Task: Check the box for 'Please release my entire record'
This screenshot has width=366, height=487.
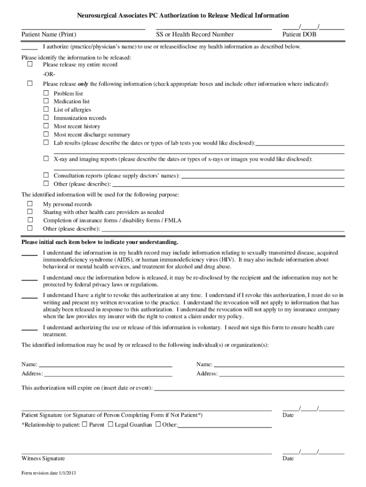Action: [x=29, y=64]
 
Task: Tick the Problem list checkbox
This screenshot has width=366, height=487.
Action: [x=46, y=94]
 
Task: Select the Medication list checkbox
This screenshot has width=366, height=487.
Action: [x=46, y=101]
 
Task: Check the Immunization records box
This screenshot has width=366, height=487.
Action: [x=46, y=117]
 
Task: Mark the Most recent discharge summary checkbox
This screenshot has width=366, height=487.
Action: [x=46, y=135]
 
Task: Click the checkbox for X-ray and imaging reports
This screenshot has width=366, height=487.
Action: [x=46, y=158]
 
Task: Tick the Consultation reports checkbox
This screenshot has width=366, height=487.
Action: [x=46, y=175]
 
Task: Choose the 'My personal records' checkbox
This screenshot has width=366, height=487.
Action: [x=29, y=204]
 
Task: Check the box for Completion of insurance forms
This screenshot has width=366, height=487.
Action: [x=29, y=220]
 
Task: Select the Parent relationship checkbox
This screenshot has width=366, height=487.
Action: [x=85, y=424]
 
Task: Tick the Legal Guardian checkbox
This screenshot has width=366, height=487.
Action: [x=110, y=424]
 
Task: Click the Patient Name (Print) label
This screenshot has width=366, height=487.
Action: [x=48, y=35]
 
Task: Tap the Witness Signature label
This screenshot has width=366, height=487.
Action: [x=43, y=458]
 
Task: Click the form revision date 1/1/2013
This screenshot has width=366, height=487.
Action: [x=49, y=474]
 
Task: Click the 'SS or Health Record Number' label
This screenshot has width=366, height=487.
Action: [x=195, y=35]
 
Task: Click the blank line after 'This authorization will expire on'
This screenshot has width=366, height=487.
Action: [x=249, y=388]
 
